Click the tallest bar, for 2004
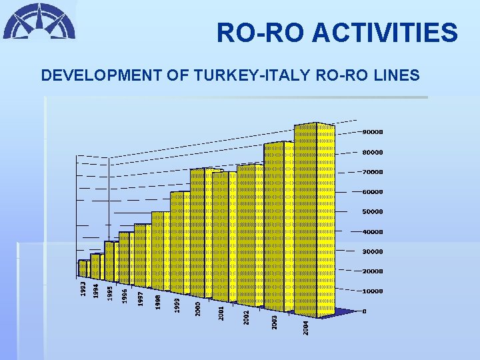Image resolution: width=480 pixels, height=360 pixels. click(314, 220)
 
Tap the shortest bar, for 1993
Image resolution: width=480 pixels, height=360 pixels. click(83, 268)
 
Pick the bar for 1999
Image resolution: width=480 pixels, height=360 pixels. click(181, 243)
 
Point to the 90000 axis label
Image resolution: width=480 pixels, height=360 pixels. click(373, 132)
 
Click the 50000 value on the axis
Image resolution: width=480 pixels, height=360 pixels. click(373, 212)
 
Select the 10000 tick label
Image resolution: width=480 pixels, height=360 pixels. click(373, 291)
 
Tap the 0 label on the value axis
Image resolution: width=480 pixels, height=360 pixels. click(364, 311)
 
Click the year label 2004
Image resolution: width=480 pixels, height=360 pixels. click(306, 327)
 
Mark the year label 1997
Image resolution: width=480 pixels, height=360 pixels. click(141, 298)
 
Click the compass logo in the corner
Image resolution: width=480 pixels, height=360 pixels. click(39, 21)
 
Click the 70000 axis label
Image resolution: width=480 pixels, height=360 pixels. click(373, 172)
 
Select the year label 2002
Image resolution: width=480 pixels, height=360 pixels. click(247, 317)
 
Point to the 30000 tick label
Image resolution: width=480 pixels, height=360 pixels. click(373, 251)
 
